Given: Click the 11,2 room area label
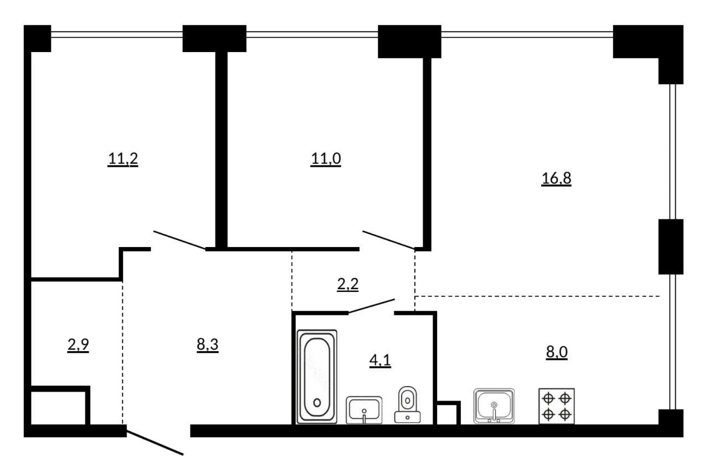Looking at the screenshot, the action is point(123,159).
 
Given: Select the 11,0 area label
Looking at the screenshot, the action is point(326,159).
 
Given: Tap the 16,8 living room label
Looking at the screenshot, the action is point(556,178).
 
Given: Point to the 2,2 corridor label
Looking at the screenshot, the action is point(347,284).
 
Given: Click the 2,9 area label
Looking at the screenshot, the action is point(78,345).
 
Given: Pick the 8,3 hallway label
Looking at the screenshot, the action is point(208,345).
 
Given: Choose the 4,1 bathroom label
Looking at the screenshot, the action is point(380,361).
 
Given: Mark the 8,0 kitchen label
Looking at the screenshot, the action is point(557,352).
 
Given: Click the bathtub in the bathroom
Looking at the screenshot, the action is point(317,377).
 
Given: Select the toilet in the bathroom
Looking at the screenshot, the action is point(407,404).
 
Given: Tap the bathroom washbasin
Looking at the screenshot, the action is point(364,410).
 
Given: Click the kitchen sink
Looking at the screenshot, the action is point(494,406).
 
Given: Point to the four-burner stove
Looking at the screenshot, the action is point(557,406).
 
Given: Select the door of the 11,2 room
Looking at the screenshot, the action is point(179,240).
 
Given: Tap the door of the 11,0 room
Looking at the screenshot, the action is point(389,240).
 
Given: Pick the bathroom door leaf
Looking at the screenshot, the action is point(372,306).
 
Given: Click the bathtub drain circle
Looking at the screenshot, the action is point(317,403).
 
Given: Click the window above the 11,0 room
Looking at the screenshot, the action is point(312,34).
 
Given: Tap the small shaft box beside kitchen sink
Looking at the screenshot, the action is point(449,413).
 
